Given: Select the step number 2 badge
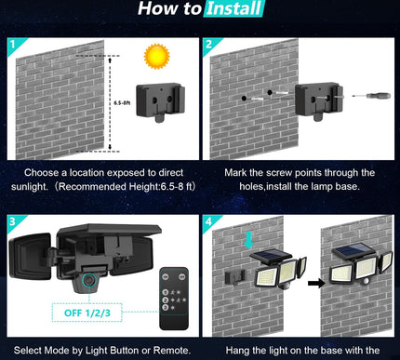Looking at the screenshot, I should coord(209,43).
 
